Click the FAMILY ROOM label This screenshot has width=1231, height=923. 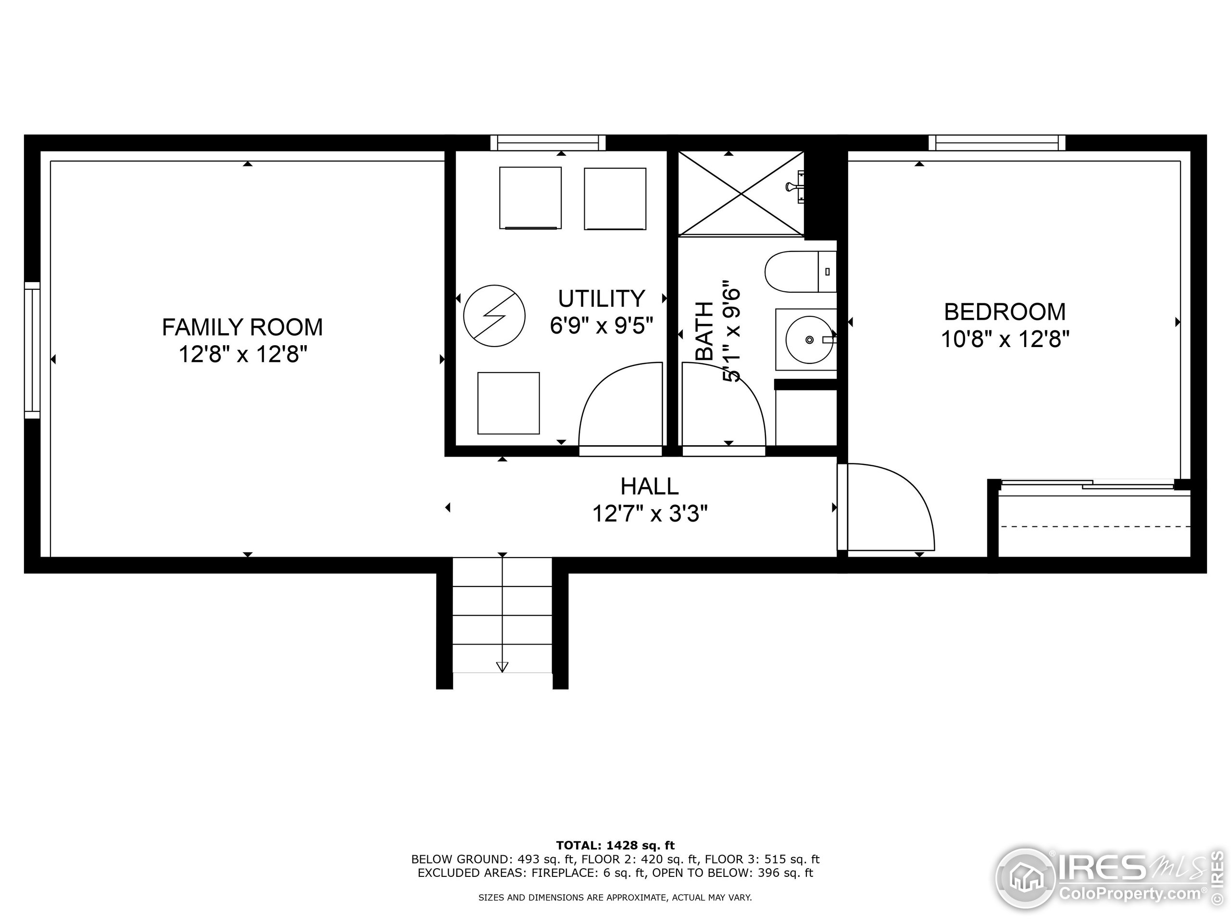click(x=242, y=327)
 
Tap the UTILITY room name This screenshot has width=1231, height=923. click(x=602, y=299)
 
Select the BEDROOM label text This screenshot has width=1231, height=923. click(x=1005, y=312)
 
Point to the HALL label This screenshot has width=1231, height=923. click(x=650, y=486)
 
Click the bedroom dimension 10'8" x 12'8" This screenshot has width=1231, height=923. click(x=1005, y=339)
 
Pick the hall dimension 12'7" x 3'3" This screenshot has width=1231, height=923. click(x=650, y=513)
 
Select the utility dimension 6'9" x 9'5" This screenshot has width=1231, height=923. click(x=602, y=325)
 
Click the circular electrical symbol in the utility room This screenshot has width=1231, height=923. click(x=494, y=316)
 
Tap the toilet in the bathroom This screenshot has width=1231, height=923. click(x=801, y=272)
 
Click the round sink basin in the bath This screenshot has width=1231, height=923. click(x=809, y=339)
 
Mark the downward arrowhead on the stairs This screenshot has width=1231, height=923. click(x=502, y=666)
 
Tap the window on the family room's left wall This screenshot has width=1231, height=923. click(x=32, y=350)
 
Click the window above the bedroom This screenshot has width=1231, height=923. click(x=997, y=143)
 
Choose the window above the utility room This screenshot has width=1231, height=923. click(x=548, y=143)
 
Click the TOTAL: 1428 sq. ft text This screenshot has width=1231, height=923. click(x=615, y=846)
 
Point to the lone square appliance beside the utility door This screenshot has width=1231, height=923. click(x=508, y=403)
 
